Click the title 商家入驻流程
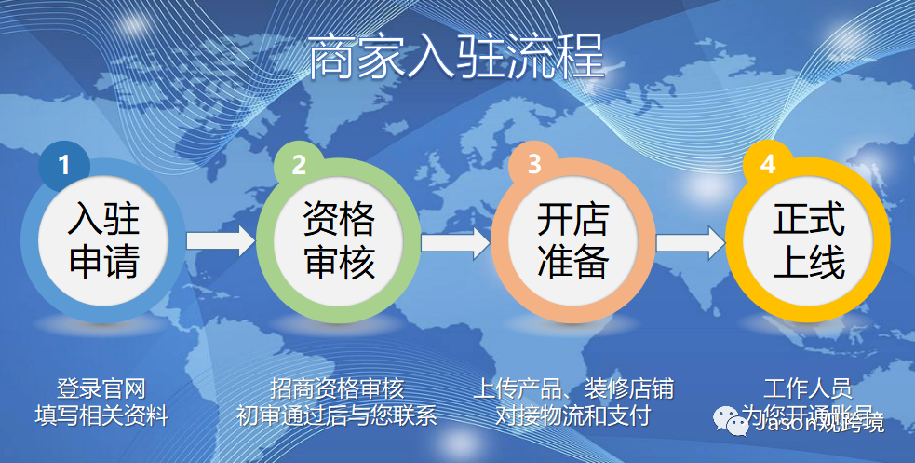point(456,58)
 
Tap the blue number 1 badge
point(64,165)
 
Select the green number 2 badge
point(299,165)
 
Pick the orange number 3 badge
point(533,165)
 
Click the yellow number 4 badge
point(768,165)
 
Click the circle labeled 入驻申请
point(103,240)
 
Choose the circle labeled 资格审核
point(338,240)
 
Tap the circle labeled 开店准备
point(572,240)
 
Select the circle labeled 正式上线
point(807,240)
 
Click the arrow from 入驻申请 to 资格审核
point(221,241)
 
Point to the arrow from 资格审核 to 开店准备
point(455,241)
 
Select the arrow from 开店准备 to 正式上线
point(690,241)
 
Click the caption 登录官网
point(102,388)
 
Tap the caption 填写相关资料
point(102,415)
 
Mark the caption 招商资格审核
point(337,388)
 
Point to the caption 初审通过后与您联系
point(337,415)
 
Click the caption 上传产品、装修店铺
point(572,388)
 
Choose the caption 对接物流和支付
point(572,415)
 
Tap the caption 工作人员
point(807,388)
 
